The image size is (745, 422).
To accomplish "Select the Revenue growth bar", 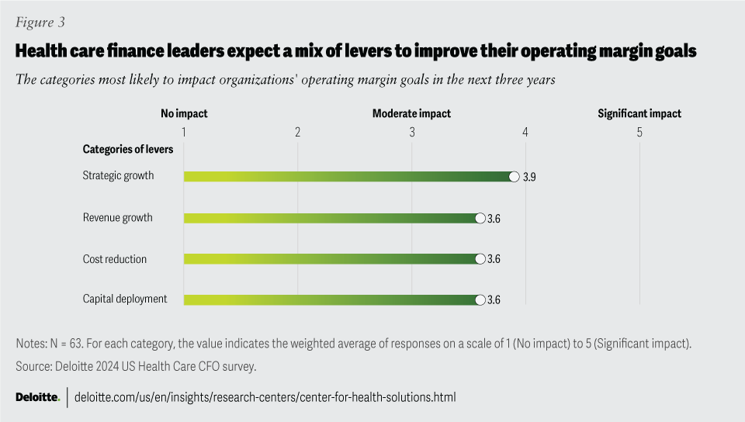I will [x=331, y=218].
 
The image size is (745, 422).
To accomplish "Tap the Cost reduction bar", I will [x=331, y=259].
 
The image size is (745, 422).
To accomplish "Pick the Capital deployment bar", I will [x=331, y=300].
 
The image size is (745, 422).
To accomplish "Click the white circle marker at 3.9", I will [x=514, y=177].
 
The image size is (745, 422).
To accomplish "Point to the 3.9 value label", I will [x=529, y=177].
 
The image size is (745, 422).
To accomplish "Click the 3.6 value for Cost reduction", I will [x=494, y=259].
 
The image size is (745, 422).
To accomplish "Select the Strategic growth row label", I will [x=118, y=175].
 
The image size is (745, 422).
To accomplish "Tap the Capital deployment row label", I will [x=125, y=299].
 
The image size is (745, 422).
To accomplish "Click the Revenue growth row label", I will [x=117, y=217].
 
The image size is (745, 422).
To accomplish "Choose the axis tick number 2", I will [x=298, y=132].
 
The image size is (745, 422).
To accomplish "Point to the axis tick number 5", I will [x=639, y=132].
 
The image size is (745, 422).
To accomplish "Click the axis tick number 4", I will [x=525, y=132].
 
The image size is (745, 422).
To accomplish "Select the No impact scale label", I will [x=184, y=113].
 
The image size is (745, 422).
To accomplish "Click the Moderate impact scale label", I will [x=411, y=113].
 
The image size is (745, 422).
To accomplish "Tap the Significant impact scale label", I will [x=639, y=113].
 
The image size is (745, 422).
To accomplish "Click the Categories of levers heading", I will [x=128, y=150].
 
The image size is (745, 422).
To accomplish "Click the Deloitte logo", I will [x=38, y=397].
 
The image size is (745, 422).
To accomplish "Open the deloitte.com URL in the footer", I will [x=265, y=397].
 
